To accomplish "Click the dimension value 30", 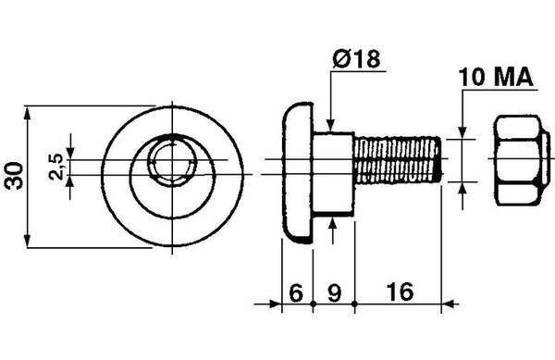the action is (x=15, y=176).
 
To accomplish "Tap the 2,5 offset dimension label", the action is (x=56, y=168).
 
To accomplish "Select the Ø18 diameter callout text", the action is (x=356, y=58).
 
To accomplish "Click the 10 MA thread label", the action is (x=496, y=77).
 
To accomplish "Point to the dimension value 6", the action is (x=296, y=292).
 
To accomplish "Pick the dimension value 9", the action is (x=334, y=292).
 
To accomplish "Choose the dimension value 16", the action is (x=400, y=292).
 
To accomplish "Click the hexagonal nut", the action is (x=523, y=160).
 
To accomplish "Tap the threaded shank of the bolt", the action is (x=399, y=160).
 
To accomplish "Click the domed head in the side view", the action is (x=298, y=173).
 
